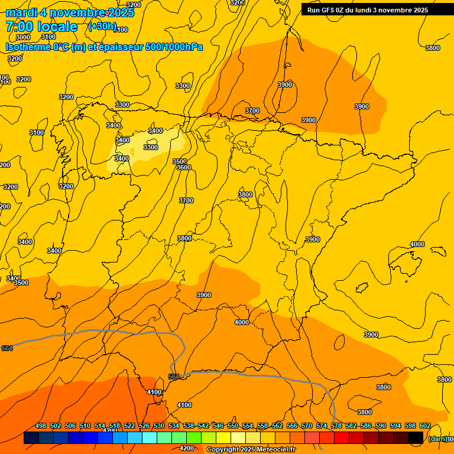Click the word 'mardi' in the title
(x=22, y=13)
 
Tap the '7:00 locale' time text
(x=41, y=27)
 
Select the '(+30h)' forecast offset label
(x=102, y=27)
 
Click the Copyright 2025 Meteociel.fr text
(x=251, y=450)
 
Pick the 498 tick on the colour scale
(x=41, y=426)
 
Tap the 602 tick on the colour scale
(x=425, y=426)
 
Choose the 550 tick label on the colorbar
(x=233, y=426)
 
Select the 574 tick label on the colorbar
(x=322, y=426)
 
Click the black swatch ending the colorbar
(x=416, y=438)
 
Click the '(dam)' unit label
(x=437, y=439)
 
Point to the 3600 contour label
(x=184, y=168)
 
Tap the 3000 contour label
(x=23, y=37)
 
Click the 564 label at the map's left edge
(x=7, y=349)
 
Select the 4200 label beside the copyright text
(x=186, y=449)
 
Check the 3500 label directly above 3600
(x=180, y=161)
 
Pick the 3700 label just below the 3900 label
(x=252, y=111)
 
